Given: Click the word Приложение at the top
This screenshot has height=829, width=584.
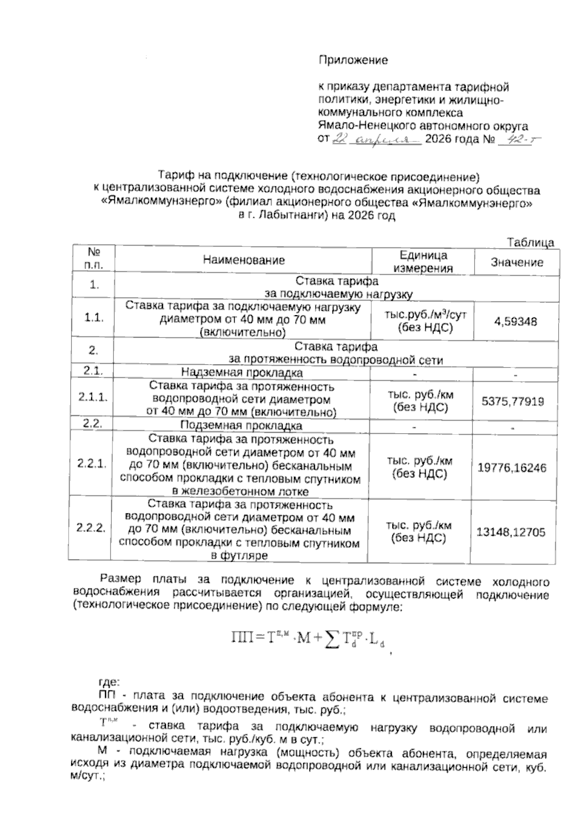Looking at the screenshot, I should [x=353, y=60].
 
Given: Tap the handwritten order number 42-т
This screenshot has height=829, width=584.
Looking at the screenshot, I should [x=517, y=140].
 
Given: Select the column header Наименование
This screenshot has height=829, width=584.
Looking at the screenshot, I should [x=244, y=260].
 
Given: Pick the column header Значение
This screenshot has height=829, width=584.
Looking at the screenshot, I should [x=516, y=263].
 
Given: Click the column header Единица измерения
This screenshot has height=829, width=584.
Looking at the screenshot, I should [x=423, y=262].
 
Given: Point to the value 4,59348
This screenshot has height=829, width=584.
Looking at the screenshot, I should [x=515, y=321].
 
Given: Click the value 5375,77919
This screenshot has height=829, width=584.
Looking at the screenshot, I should [x=512, y=402].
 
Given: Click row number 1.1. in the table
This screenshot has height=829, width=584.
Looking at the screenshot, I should [x=94, y=318].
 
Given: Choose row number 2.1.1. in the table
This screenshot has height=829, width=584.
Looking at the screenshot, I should [x=93, y=397].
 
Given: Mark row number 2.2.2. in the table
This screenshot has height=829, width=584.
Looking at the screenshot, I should [x=91, y=528].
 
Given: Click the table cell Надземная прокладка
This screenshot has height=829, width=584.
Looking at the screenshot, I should [x=241, y=373].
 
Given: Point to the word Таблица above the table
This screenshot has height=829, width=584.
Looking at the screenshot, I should [x=530, y=242].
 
